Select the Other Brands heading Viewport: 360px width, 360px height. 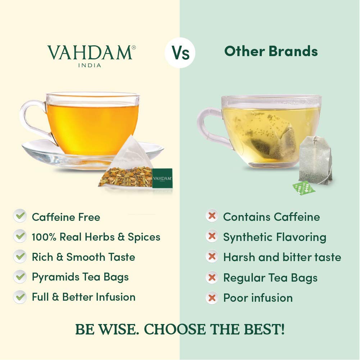[x=271, y=51]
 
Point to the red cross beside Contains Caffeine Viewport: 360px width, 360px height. [x=212, y=216]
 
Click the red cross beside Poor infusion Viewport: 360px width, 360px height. [x=212, y=297]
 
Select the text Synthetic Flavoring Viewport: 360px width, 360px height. [x=274, y=237]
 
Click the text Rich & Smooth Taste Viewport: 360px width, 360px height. [x=83, y=257]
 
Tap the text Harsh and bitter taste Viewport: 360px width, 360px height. [x=282, y=257]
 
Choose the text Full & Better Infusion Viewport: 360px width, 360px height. [x=83, y=297]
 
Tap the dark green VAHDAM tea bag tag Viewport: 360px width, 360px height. [x=162, y=178]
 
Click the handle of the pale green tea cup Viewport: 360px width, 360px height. [x=209, y=126]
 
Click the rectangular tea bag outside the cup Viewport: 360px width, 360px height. [x=316, y=160]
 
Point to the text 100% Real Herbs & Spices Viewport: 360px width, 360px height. [x=96, y=237]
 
